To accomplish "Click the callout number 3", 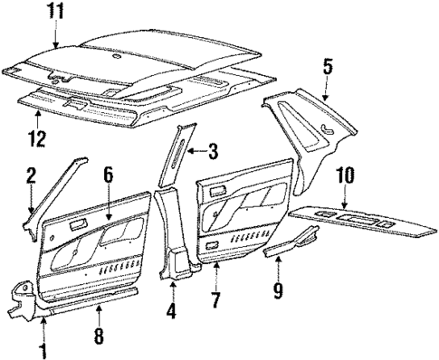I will pos(214,150).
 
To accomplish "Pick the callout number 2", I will pos(30,174).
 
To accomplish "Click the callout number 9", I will pos(280,291).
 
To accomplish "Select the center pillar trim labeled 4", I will pos(171,235).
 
